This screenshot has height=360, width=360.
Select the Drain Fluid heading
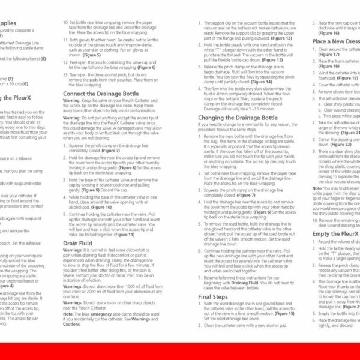(x=79, y=244)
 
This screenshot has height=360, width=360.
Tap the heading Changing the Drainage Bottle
(x=238, y=118)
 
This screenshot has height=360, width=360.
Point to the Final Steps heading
(x=213, y=296)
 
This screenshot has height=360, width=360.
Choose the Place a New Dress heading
(x=336, y=41)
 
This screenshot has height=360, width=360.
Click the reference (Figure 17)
(x=330, y=54)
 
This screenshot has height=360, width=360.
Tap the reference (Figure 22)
(x=341, y=144)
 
